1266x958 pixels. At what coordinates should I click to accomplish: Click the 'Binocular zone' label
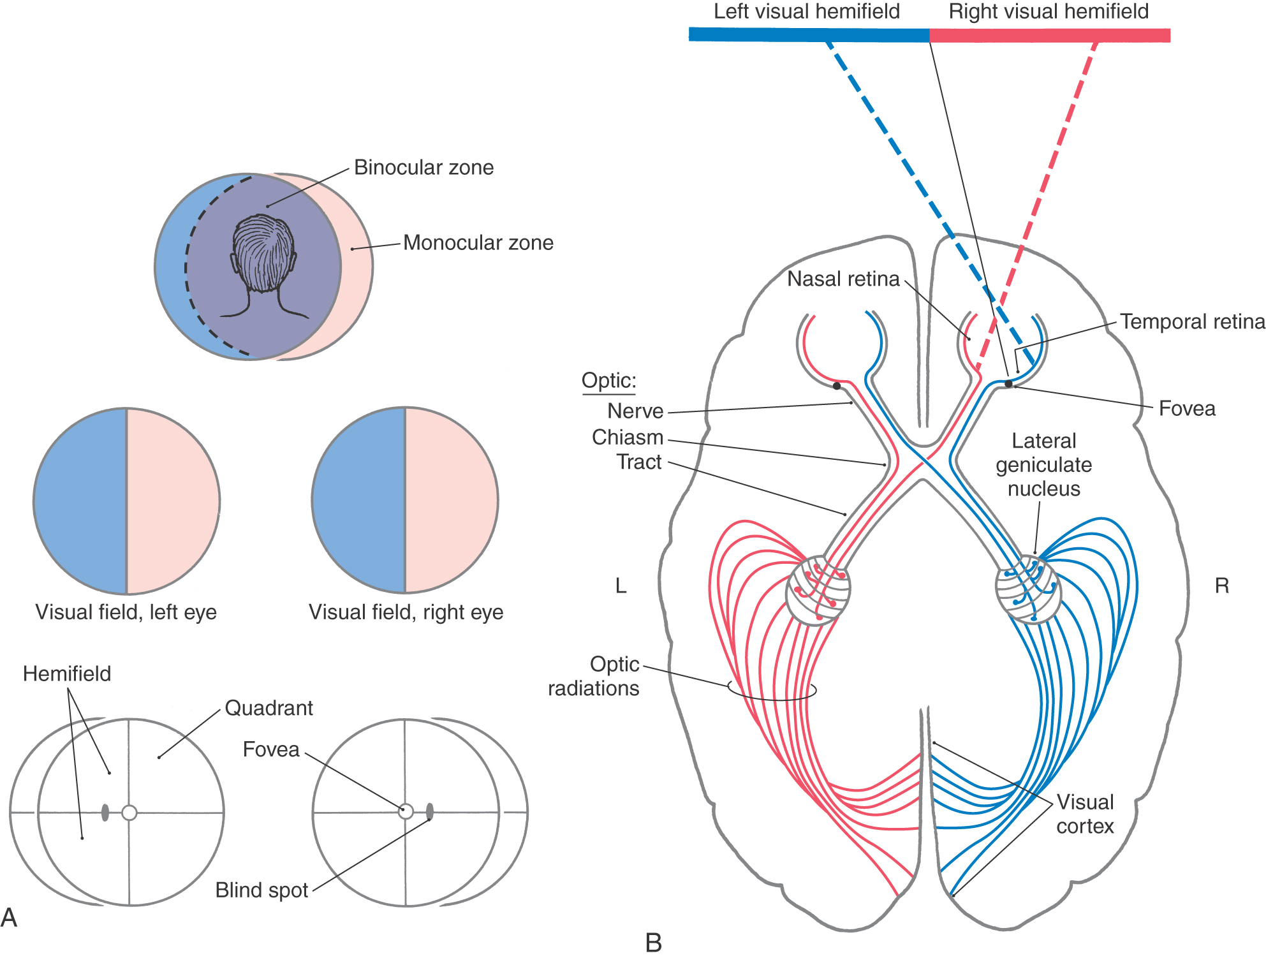[x=423, y=168]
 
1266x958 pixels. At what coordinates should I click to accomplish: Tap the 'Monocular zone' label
[x=478, y=243]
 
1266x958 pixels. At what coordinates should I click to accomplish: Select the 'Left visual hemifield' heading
[x=806, y=11]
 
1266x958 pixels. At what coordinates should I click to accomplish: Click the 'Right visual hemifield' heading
[x=1049, y=11]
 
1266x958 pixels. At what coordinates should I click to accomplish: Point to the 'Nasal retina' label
[x=843, y=279]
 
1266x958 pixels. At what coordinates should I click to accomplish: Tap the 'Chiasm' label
[x=628, y=438]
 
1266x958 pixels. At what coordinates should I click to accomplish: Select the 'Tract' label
[x=639, y=462]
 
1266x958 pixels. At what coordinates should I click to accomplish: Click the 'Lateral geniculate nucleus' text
[x=1043, y=465]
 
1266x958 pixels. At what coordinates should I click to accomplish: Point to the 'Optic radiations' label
[x=594, y=676]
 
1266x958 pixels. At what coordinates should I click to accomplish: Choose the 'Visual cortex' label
[x=1085, y=814]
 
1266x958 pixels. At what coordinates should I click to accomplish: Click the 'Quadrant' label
[x=269, y=708]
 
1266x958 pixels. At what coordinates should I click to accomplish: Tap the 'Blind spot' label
[x=261, y=890]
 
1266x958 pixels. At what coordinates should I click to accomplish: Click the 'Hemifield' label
[x=67, y=674]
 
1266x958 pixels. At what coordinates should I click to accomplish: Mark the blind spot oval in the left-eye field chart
[x=105, y=813]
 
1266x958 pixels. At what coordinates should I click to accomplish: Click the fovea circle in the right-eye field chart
[x=406, y=812]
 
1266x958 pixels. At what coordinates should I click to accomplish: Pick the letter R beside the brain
[x=1221, y=586]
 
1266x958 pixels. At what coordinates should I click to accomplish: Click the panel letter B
[x=654, y=943]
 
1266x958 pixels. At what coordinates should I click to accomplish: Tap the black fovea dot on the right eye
[x=1008, y=384]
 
